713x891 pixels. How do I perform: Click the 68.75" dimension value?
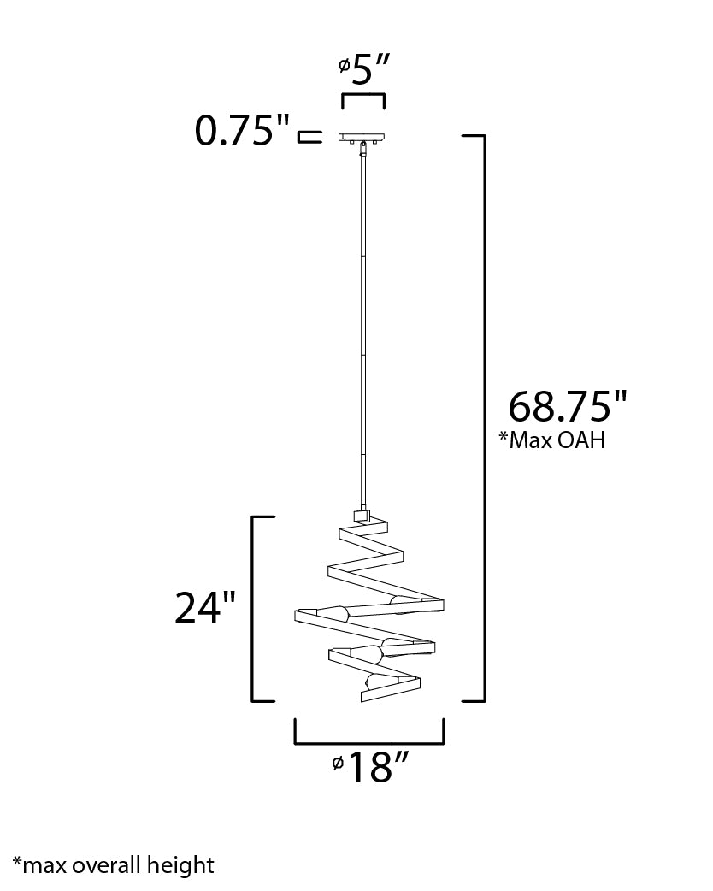pyautogui.click(x=567, y=405)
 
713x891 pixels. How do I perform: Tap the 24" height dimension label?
pyautogui.click(x=205, y=607)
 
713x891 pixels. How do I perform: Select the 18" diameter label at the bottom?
pyautogui.click(x=370, y=767)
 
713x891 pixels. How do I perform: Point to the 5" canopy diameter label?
pyautogui.click(x=363, y=70)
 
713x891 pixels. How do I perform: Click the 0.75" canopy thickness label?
pyautogui.click(x=243, y=130)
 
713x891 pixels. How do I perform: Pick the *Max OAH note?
pyautogui.click(x=552, y=440)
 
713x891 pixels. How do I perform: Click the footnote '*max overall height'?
pyautogui.click(x=113, y=865)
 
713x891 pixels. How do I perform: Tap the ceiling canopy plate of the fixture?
pyautogui.click(x=362, y=137)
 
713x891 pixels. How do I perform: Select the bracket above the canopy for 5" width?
pyautogui.click(x=363, y=94)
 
